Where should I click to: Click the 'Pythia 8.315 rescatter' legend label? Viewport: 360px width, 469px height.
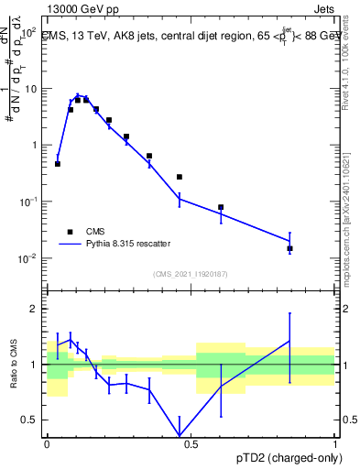127,244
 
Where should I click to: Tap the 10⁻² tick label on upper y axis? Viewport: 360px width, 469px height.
27,258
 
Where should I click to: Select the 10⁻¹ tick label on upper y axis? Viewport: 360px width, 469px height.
27,202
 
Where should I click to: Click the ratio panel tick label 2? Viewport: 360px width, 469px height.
34,310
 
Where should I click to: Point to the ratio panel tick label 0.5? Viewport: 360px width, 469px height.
29,420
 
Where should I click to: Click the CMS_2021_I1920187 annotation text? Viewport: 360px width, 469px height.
191,274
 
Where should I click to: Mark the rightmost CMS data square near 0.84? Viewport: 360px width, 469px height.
289,248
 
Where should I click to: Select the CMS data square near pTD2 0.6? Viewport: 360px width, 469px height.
221,207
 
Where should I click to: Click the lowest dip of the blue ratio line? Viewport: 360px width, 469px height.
179,436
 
